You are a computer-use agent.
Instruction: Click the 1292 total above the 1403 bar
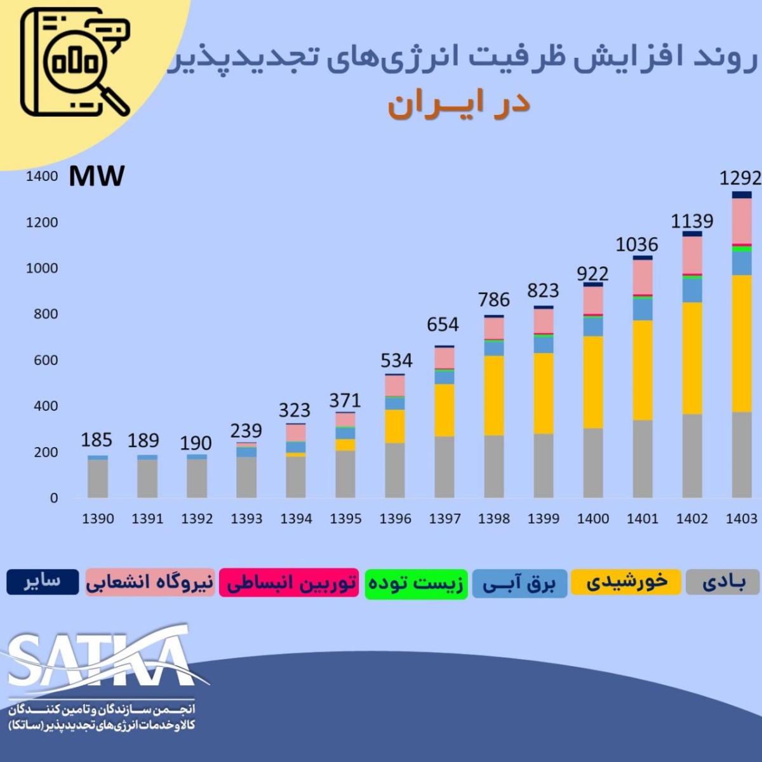click(740, 178)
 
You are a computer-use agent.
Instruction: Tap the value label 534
click(396, 361)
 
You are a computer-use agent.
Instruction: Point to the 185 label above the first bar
click(97, 440)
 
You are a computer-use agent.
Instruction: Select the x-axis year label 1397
click(444, 519)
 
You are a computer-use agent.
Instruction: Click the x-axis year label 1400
click(593, 519)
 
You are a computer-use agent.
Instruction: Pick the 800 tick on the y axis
click(46, 314)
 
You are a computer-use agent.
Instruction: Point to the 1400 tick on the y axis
click(42, 177)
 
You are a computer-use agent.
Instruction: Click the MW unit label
click(97, 176)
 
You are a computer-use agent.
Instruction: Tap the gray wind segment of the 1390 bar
click(97, 478)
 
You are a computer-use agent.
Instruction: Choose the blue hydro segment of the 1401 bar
click(643, 309)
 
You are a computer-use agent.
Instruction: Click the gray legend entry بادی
click(723, 582)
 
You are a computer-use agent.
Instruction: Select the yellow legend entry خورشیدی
click(625, 582)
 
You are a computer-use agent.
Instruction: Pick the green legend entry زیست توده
click(417, 584)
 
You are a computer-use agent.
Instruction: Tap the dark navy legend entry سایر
click(43, 582)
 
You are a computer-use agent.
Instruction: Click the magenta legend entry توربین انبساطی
click(290, 583)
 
